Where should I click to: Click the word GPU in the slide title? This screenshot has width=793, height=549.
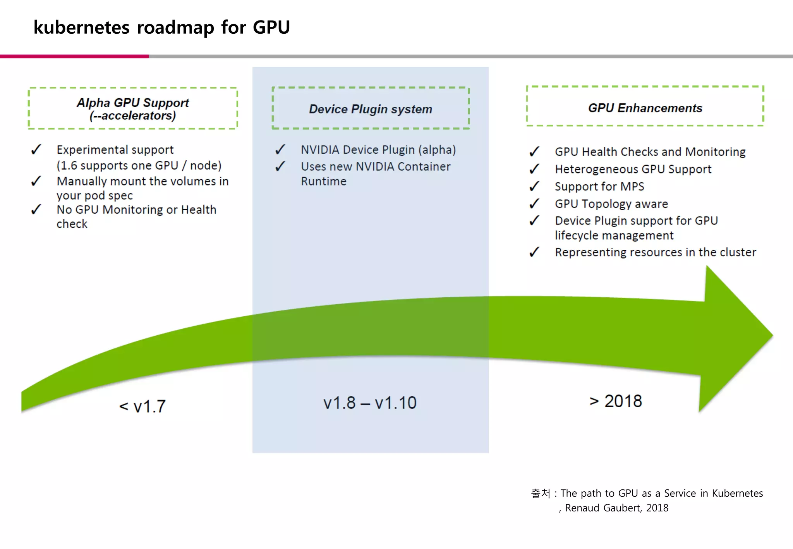coord(271,27)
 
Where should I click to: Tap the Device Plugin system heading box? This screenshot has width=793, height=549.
coord(371,109)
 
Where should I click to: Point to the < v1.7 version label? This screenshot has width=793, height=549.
coord(142,407)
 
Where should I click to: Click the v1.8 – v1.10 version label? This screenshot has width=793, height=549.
coord(370,403)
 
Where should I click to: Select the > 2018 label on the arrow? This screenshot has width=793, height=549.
coord(616,401)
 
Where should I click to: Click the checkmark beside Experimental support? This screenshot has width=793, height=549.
coord(36,149)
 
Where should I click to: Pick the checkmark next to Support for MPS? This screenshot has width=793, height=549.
coord(534,186)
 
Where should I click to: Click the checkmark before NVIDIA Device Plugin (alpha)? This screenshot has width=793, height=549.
coord(280,149)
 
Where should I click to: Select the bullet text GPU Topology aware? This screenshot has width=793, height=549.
coord(611,204)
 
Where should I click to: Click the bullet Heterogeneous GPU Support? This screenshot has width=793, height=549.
coord(633,169)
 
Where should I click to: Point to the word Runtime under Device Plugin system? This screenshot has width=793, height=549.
coord(324,181)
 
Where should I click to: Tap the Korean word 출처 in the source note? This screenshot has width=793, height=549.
coord(541,493)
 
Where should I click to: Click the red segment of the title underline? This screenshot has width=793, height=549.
coord(74,57)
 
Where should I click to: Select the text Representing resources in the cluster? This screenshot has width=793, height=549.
coord(655,252)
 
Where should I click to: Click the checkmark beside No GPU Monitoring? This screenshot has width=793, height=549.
coord(36,209)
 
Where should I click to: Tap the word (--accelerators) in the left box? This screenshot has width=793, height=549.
coord(133,116)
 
